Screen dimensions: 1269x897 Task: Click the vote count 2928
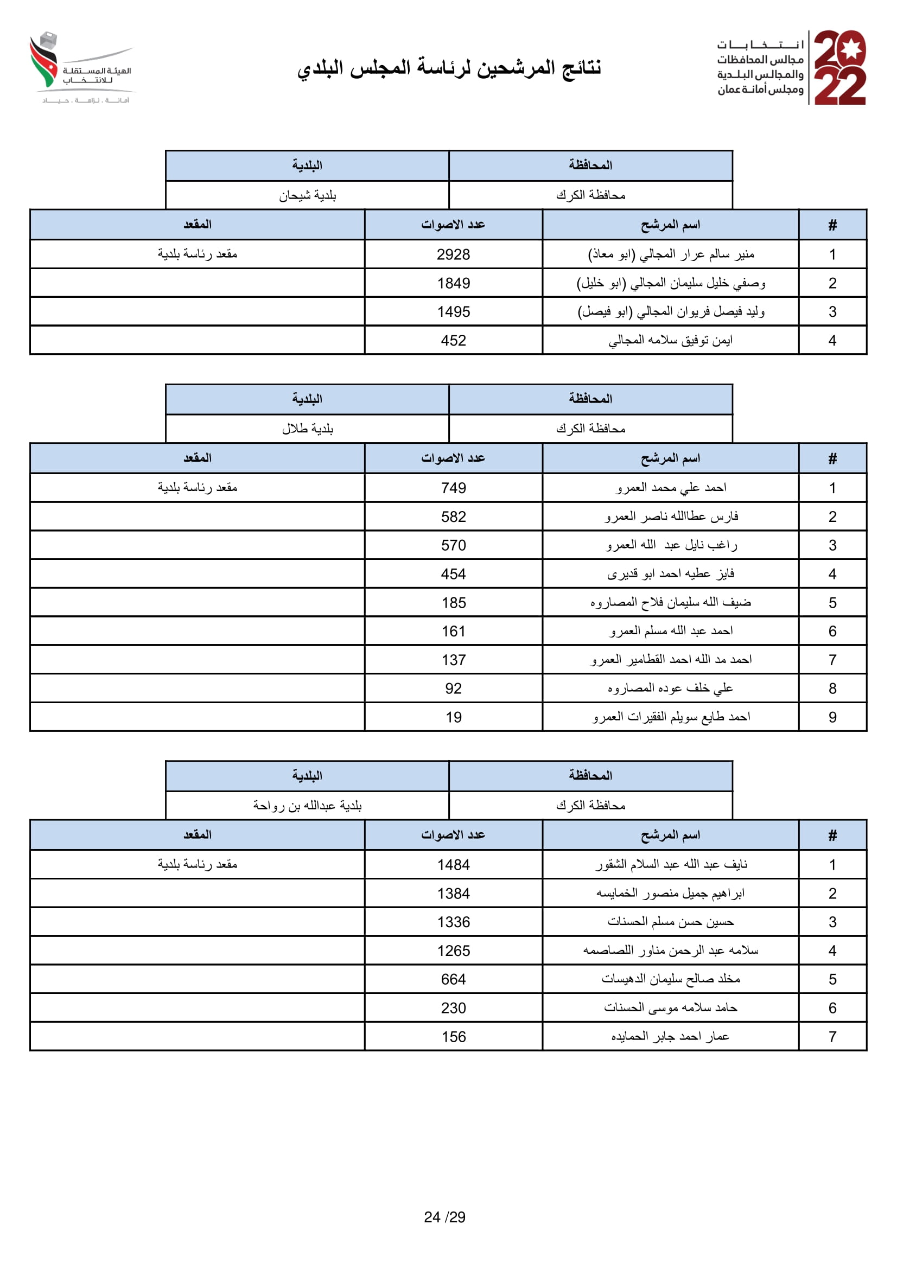coord(453,254)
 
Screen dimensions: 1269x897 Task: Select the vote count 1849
coord(453,283)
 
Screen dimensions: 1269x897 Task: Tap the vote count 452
coord(453,341)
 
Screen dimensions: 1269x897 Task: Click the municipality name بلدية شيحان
coord(307,195)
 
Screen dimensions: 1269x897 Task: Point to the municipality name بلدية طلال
coord(307,429)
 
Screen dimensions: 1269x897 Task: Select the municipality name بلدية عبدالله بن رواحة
coord(307,805)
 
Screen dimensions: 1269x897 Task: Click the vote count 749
coord(453,488)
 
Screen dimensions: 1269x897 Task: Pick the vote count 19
coord(453,717)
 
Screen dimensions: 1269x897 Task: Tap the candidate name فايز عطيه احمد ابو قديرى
coord(670,573)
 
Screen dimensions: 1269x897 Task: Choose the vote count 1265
coord(453,951)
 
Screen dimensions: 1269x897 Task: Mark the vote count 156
coord(453,1036)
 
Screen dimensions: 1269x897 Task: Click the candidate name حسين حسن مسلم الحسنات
coord(670,922)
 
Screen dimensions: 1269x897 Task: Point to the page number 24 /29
coord(444,1217)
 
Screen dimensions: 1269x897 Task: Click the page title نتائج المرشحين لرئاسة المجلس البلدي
coord(449,67)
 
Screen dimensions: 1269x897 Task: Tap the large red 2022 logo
coord(839,67)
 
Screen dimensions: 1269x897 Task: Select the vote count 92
coord(453,688)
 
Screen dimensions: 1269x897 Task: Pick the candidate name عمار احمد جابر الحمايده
coord(670,1036)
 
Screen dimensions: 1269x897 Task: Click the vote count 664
coord(453,979)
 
